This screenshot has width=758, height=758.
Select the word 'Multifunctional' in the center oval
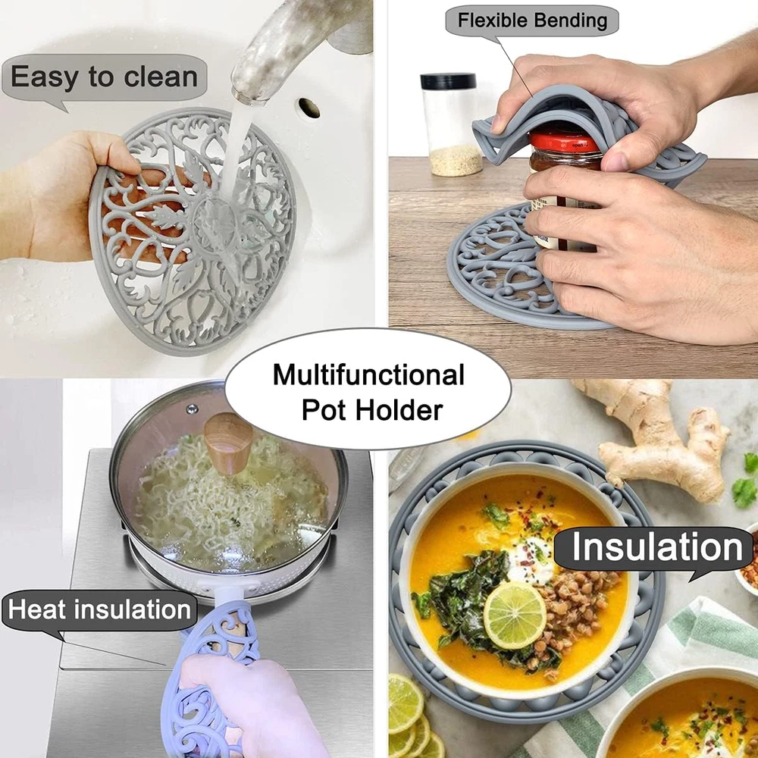tap(368, 375)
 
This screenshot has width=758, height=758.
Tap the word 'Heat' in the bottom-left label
tap(36, 609)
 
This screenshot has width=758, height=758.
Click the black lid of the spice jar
tap(448, 80)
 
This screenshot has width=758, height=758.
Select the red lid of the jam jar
tap(565, 143)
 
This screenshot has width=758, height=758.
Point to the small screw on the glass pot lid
tap(193, 409)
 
